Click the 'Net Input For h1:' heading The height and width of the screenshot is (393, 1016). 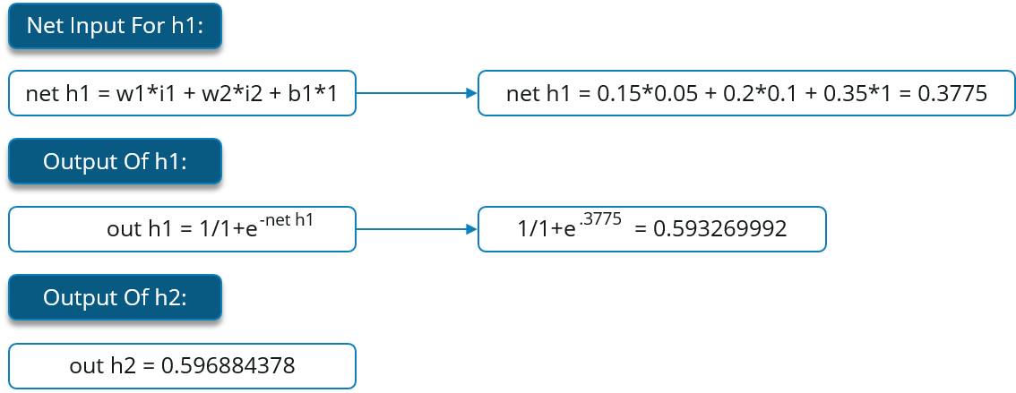115,27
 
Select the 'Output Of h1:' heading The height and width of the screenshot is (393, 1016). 115,163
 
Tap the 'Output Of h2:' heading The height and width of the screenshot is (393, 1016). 115,298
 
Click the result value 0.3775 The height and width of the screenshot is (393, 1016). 952,94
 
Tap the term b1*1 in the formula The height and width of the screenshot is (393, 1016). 306,94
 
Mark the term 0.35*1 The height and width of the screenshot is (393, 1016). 843,94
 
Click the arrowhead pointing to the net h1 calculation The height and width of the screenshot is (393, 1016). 470,93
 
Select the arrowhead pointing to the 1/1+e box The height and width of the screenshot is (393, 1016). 470,230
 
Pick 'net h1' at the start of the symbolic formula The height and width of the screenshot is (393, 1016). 51,94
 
